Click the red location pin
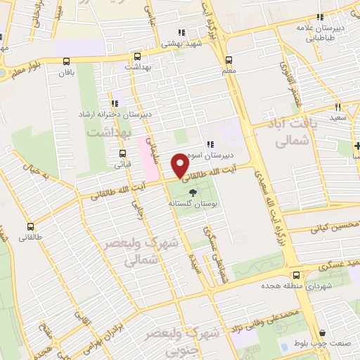pos(180,165)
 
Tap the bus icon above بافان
pos(67,61)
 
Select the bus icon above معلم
pos(228,60)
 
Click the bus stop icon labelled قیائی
pos(122,153)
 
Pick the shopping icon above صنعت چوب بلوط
pos(323,333)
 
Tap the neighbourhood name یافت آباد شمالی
pos(290,131)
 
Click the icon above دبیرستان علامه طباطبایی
pos(321,18)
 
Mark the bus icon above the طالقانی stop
pos(30,226)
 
